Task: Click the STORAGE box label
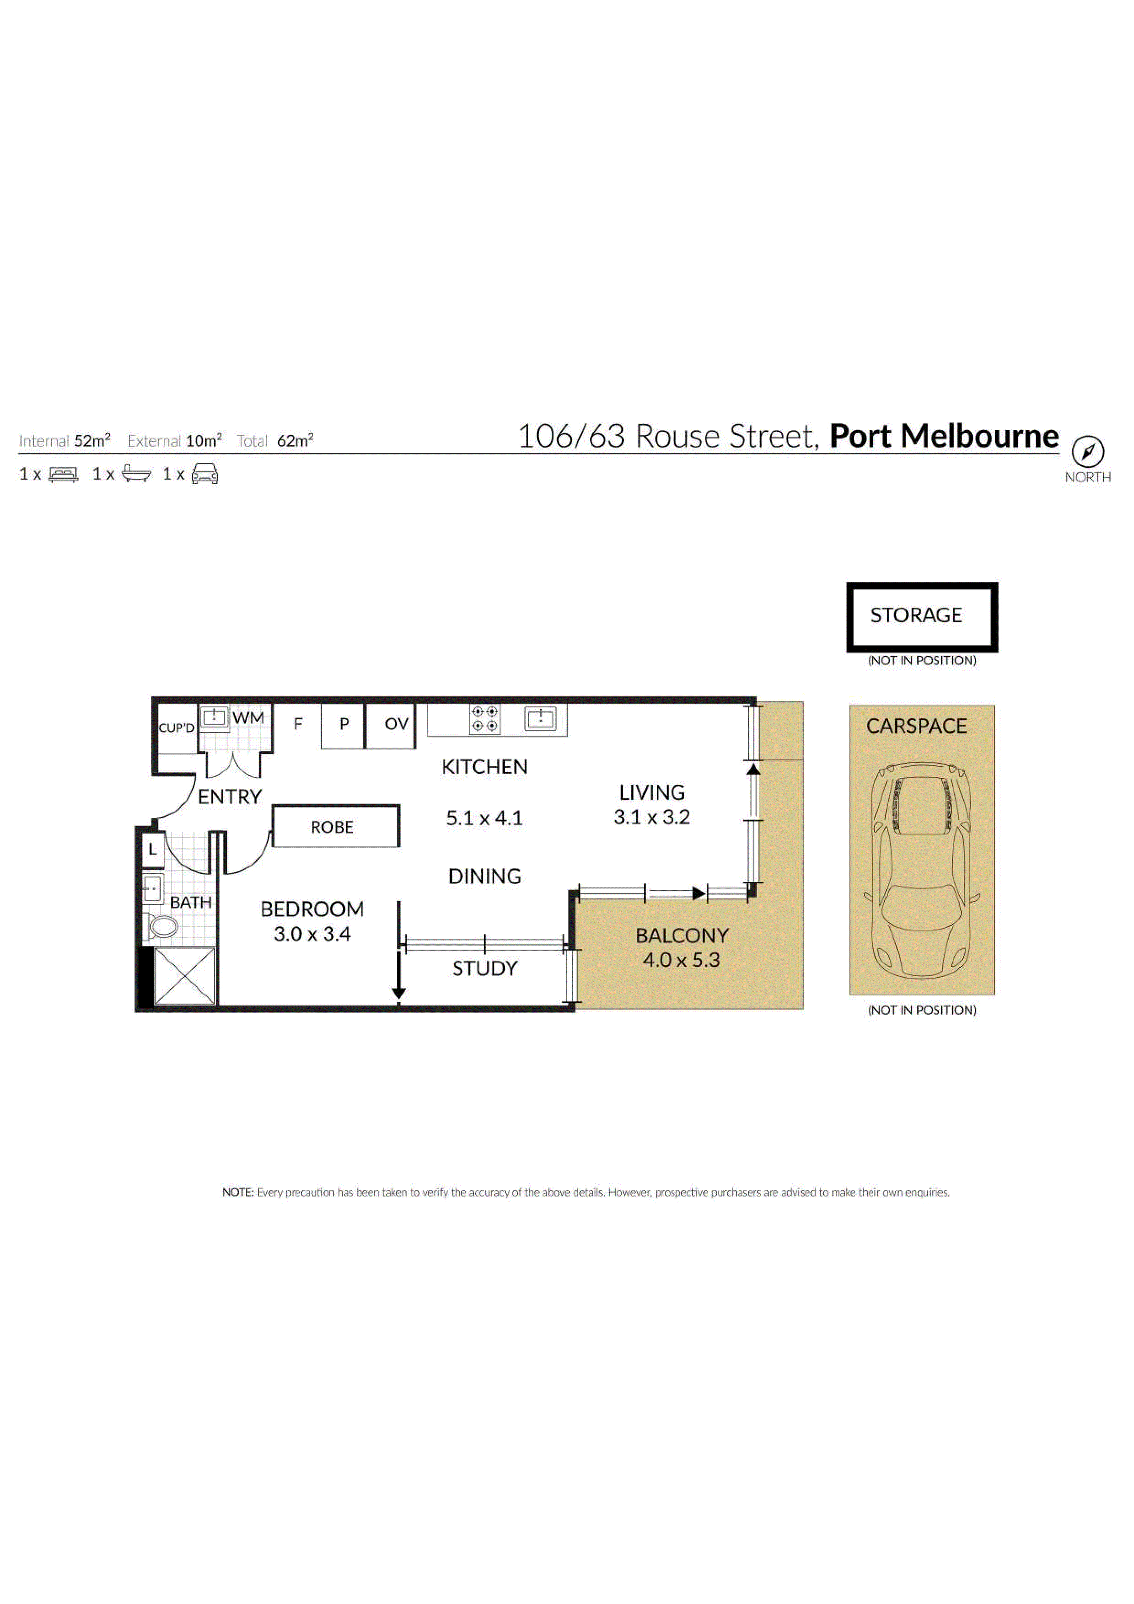[x=915, y=615]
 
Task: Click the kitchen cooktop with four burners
[x=485, y=719]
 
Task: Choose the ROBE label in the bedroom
[x=332, y=827]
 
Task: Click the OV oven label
[x=396, y=724]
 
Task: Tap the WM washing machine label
[x=248, y=717]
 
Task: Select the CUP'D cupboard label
[x=177, y=728]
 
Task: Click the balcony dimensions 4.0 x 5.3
[x=681, y=960]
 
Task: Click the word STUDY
[x=484, y=968]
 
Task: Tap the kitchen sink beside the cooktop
[x=540, y=718]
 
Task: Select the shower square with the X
[x=184, y=976]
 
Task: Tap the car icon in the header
[x=205, y=474]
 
